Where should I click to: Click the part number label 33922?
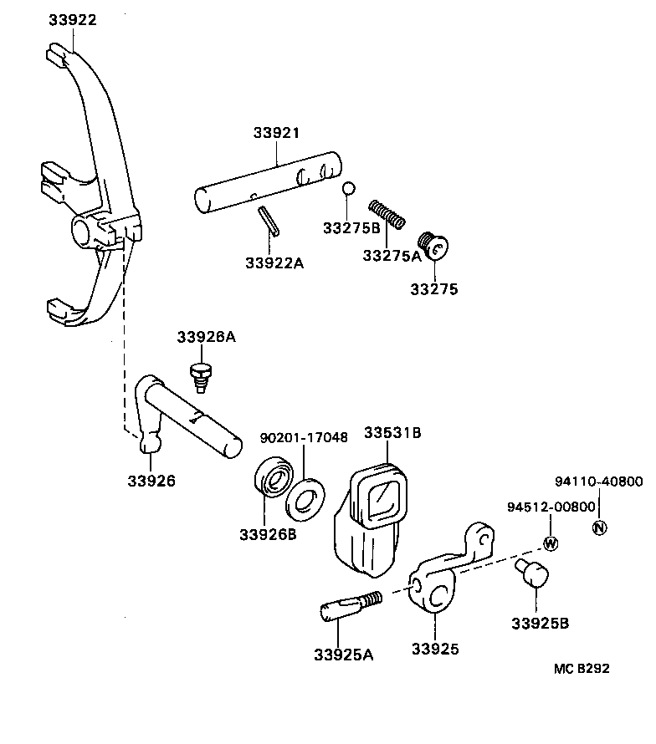[71, 20]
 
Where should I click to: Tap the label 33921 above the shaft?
[276, 133]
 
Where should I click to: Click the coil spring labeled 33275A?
[387, 215]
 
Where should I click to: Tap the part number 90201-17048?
[304, 437]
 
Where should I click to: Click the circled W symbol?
[550, 543]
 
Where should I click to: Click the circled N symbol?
[599, 527]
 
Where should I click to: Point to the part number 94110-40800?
[599, 482]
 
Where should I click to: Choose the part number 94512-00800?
[549, 507]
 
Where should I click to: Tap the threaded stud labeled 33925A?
[349, 607]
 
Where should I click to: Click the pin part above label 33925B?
[530, 574]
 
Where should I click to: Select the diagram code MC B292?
[582, 668]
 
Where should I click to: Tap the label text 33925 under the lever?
[435, 648]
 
